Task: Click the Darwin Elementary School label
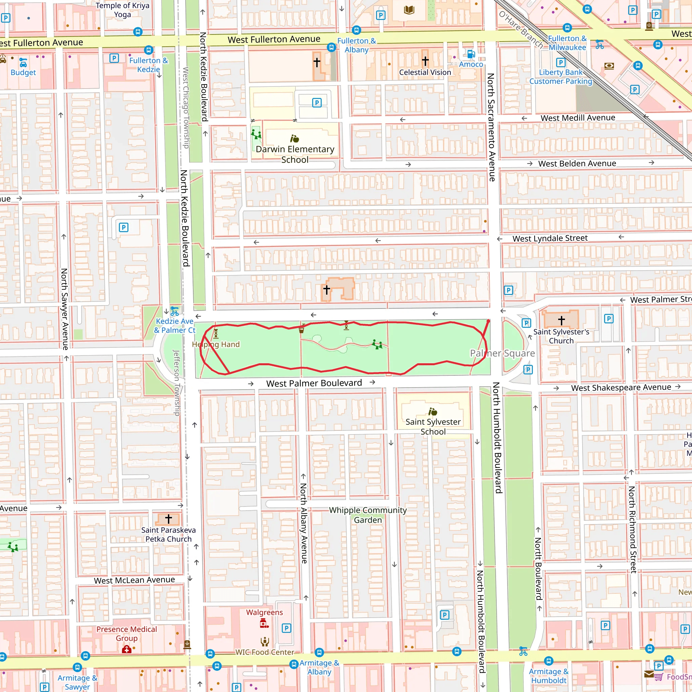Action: click(x=295, y=154)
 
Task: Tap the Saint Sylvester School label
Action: click(x=433, y=427)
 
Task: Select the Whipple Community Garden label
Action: click(x=368, y=515)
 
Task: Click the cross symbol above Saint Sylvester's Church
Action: click(x=561, y=320)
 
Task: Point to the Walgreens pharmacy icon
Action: click(x=264, y=624)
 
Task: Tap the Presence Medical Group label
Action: click(x=126, y=634)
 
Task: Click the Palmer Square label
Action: click(x=502, y=353)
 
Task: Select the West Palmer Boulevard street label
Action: click(x=314, y=383)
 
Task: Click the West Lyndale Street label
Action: click(x=550, y=238)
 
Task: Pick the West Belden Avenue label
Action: click(x=577, y=164)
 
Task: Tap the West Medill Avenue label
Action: click(x=578, y=118)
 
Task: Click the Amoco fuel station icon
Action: click(x=471, y=54)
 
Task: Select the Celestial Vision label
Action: click(x=425, y=72)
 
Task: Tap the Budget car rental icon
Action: click(x=23, y=63)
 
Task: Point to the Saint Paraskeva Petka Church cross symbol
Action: click(x=168, y=519)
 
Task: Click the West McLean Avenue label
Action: click(x=134, y=580)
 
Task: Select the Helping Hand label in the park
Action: click(x=216, y=344)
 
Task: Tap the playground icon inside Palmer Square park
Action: click(x=377, y=345)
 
